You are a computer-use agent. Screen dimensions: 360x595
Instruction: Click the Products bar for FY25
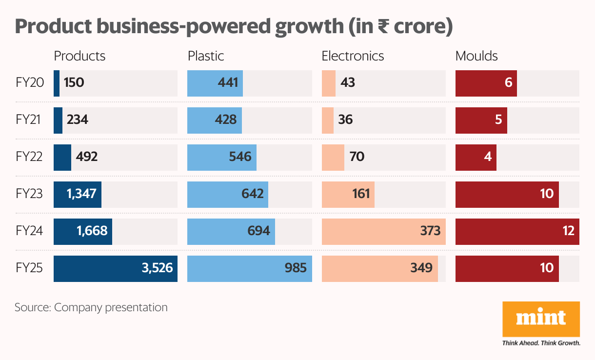click(116, 268)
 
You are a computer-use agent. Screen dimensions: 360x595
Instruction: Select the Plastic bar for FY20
click(215, 83)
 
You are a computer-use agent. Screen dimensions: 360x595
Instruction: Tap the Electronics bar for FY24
click(383, 231)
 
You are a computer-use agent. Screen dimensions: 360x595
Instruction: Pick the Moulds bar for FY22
click(476, 157)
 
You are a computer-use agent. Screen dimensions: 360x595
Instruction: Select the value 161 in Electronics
click(361, 194)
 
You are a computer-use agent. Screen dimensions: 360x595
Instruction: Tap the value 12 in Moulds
click(568, 231)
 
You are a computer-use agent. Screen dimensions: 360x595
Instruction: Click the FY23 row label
click(29, 194)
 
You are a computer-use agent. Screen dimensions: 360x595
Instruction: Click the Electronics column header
click(353, 56)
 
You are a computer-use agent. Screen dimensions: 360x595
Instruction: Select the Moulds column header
click(476, 56)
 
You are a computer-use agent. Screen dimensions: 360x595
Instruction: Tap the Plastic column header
click(206, 56)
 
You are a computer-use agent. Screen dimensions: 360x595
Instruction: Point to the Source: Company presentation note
click(91, 308)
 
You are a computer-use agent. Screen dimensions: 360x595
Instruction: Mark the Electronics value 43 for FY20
click(348, 83)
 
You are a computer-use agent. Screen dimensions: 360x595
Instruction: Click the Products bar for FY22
click(62, 157)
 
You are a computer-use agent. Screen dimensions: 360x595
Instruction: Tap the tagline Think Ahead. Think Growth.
click(541, 343)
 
